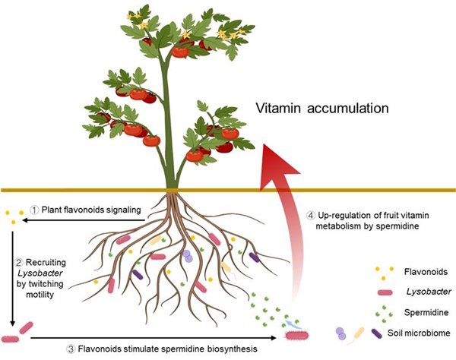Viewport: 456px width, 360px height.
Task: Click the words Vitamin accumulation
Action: tap(322, 109)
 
